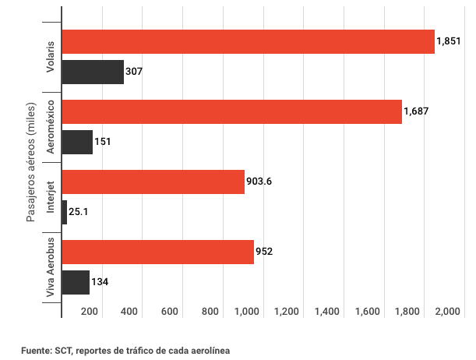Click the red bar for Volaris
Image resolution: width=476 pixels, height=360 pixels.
(248, 42)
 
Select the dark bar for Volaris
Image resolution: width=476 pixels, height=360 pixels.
(93, 72)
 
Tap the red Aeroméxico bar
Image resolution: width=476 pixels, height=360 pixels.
(231, 112)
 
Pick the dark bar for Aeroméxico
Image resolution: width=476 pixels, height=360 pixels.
(77, 142)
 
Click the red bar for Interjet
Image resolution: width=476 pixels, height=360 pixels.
(153, 182)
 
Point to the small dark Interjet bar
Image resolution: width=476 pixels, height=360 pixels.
(65, 212)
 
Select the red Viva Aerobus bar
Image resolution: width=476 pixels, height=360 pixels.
(157, 252)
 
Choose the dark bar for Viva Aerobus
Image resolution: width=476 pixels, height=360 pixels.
(76, 282)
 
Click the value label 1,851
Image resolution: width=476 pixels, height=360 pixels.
(450, 42)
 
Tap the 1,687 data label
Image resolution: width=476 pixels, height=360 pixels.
(417, 112)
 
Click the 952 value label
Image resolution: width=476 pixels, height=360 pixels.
(263, 252)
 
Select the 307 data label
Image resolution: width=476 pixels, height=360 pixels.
(133, 72)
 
